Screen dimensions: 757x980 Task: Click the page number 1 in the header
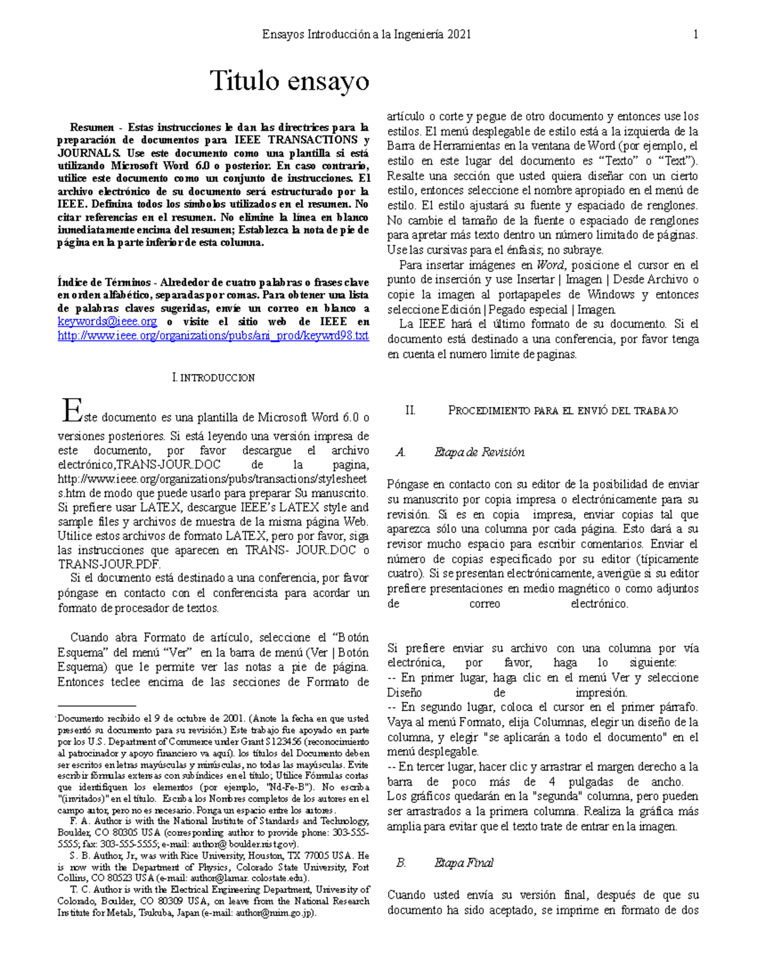[695, 35]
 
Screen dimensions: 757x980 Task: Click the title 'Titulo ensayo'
[290, 81]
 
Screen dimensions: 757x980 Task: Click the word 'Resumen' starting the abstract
[92, 127]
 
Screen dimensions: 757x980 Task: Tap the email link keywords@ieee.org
[107, 322]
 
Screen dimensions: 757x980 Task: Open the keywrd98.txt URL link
[213, 336]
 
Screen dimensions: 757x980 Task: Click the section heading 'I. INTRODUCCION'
[213, 378]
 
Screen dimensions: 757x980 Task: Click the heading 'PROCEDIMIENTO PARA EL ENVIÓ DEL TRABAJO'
[563, 411]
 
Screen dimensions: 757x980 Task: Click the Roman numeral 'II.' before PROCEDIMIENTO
[410, 411]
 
